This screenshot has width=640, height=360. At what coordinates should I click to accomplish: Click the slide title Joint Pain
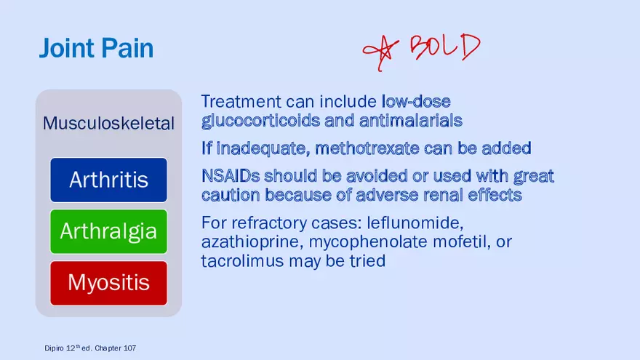pyautogui.click(x=96, y=49)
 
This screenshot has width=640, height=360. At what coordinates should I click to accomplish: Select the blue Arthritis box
pyautogui.click(x=108, y=180)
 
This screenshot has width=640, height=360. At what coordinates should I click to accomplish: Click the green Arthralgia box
pyautogui.click(x=108, y=231)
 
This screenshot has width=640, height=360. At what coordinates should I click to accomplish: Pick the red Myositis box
pyautogui.click(x=108, y=282)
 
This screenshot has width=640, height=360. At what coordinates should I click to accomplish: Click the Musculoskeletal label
pyautogui.click(x=108, y=124)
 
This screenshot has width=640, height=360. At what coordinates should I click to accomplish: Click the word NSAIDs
pyautogui.click(x=229, y=176)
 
